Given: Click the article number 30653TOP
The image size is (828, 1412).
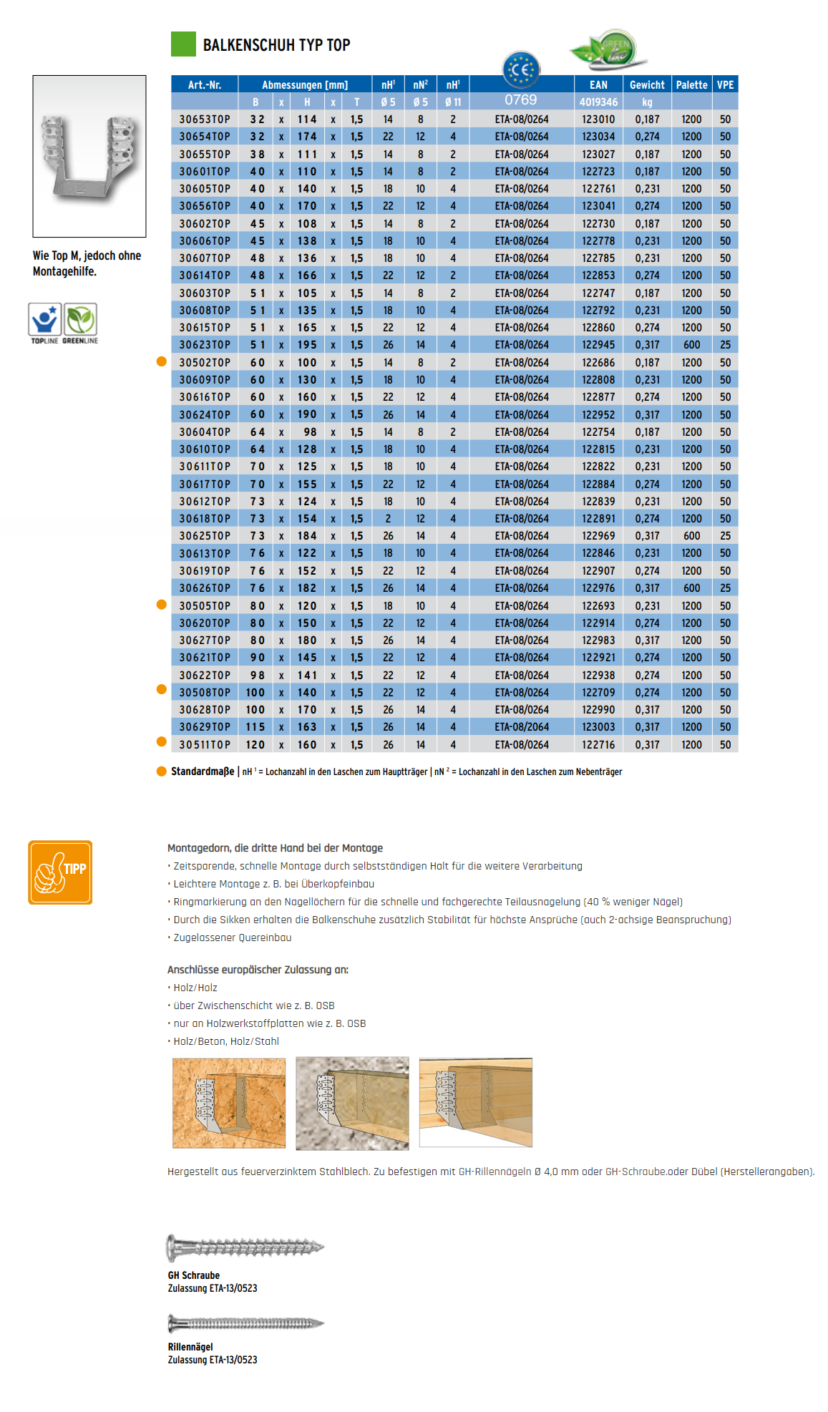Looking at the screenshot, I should (205, 120).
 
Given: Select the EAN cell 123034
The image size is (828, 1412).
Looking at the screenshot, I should (598, 137).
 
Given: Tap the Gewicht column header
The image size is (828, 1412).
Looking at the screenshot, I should (647, 84).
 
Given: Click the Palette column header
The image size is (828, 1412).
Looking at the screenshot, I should (691, 84).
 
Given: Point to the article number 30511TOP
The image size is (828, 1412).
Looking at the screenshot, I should (205, 745).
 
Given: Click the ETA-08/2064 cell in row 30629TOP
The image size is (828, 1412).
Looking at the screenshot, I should (522, 727).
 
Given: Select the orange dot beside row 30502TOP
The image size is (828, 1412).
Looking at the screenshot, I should (162, 362).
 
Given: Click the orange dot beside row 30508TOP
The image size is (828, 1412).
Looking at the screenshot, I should (162, 690).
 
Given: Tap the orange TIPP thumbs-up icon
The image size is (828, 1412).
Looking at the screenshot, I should (60, 872).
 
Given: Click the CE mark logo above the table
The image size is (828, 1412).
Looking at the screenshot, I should (521, 69).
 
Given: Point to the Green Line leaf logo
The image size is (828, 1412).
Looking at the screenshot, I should (609, 49).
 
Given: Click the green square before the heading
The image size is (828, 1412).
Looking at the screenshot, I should (183, 44).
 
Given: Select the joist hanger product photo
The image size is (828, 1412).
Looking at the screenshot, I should (89, 156).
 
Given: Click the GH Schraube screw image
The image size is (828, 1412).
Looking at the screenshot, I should (245, 1248).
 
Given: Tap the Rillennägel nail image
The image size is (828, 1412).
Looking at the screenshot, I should (245, 1323).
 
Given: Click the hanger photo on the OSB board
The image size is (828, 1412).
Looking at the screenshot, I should (229, 1104).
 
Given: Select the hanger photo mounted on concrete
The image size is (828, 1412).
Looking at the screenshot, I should (352, 1104).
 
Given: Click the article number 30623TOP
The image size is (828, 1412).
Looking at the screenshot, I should (205, 345).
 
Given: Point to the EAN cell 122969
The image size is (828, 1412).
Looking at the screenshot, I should (598, 536).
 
